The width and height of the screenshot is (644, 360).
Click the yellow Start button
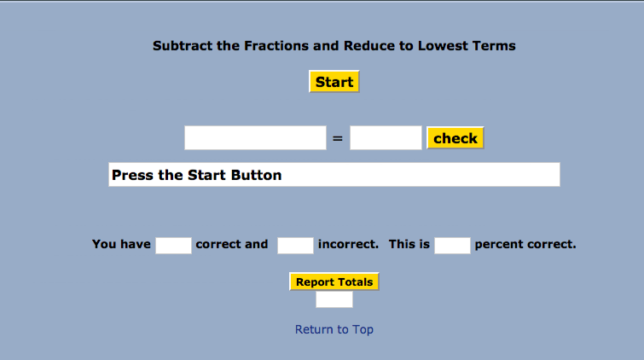(334, 81)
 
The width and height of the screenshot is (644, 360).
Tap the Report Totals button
(334, 282)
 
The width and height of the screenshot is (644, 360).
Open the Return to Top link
(334, 329)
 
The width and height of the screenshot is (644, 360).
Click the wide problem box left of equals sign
(255, 137)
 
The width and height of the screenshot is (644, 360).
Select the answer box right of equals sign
(386, 137)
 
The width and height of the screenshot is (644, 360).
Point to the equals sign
(338, 138)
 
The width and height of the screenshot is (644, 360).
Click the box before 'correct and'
(173, 246)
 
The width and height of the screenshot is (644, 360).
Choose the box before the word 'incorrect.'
(295, 246)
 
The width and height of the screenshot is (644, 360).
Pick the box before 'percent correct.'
(452, 246)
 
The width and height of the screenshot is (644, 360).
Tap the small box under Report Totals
(334, 299)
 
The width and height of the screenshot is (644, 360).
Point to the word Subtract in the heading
(183, 45)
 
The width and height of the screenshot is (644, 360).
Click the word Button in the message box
(256, 175)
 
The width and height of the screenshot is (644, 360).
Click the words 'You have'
(121, 244)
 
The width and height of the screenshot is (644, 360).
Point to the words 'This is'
(409, 244)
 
